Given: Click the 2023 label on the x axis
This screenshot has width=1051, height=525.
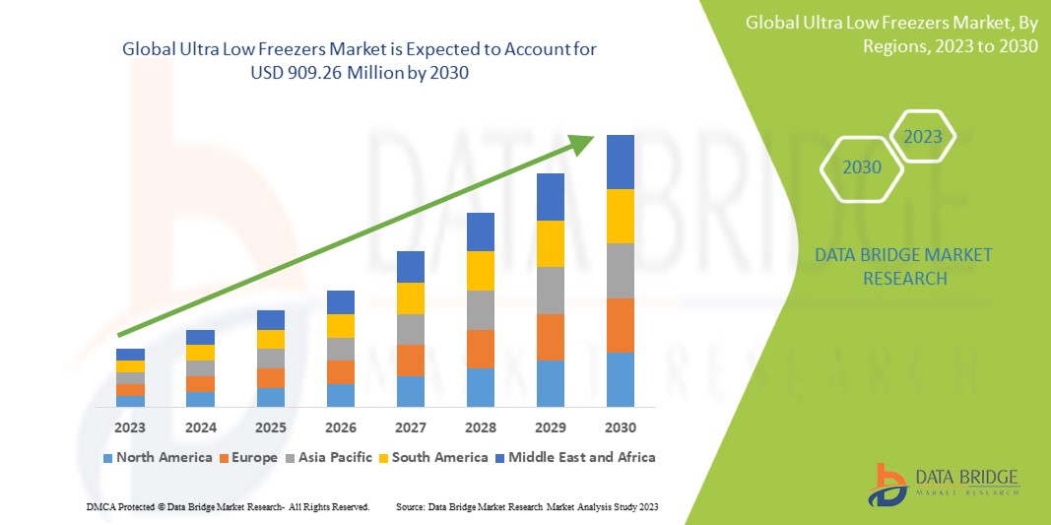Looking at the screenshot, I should click(x=130, y=427).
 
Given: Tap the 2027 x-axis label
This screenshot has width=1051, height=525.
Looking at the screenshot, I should click(x=411, y=427).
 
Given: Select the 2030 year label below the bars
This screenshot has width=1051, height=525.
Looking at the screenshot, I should click(x=621, y=427).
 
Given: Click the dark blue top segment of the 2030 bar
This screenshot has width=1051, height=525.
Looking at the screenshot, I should click(x=621, y=162).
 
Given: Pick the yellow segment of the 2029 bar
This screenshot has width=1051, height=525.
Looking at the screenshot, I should click(x=551, y=243).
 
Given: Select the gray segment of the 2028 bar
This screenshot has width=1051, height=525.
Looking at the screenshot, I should click(x=481, y=309).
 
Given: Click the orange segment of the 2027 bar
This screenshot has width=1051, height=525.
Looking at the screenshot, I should click(x=411, y=360).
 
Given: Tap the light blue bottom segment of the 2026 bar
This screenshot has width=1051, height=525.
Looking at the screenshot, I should click(x=341, y=395).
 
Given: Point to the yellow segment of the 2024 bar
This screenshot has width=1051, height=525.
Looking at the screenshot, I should click(x=200, y=353).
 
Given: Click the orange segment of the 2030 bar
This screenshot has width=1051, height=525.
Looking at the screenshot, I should click(x=621, y=325).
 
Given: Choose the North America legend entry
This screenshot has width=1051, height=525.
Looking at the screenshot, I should click(x=158, y=457).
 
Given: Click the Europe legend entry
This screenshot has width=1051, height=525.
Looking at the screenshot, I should click(x=248, y=457).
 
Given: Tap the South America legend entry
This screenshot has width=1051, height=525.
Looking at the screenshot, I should click(x=433, y=457).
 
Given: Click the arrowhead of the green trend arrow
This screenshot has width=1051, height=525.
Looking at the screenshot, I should click(x=585, y=143).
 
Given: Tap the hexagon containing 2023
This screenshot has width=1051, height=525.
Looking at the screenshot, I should click(x=923, y=137).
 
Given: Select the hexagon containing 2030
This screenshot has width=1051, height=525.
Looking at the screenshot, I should click(x=862, y=167).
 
